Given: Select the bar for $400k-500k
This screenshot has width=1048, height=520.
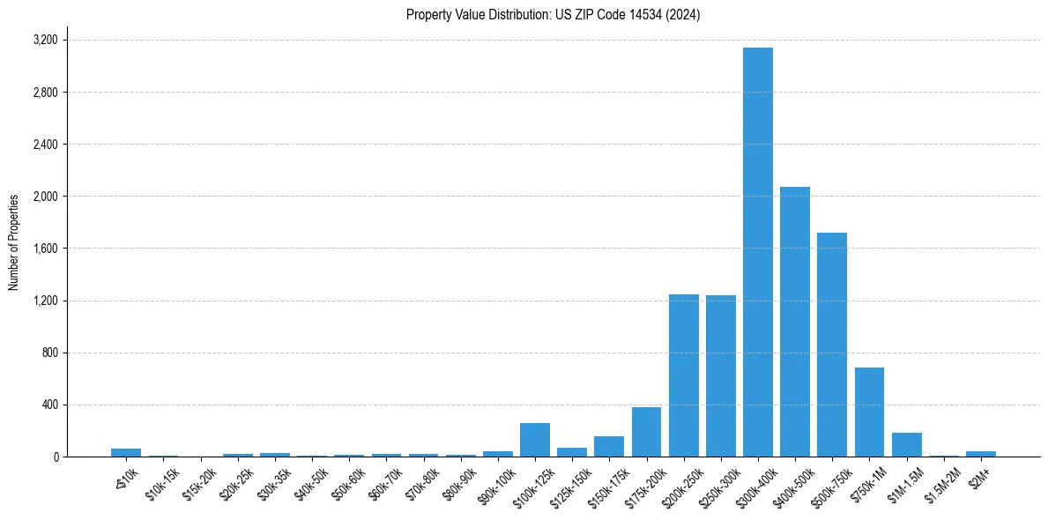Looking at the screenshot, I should tap(794, 322).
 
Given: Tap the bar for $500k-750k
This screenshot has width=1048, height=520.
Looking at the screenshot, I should tap(831, 345).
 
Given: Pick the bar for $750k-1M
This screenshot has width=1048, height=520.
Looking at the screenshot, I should tap(869, 412).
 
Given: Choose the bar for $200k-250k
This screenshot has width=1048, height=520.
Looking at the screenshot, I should tap(683, 375).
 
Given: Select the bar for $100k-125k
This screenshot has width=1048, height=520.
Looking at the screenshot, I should tap(534, 440).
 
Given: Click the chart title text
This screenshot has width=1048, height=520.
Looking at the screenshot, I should tap(553, 15).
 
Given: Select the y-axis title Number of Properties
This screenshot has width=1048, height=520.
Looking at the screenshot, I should tap(14, 242).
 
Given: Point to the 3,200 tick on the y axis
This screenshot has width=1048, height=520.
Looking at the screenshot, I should tap(45, 41).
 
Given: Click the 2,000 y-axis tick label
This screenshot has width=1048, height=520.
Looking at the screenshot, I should tap(45, 197).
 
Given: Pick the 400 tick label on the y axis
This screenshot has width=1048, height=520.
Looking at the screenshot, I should tap(49, 405).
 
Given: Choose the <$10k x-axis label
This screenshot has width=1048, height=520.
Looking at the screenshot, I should tap(126, 476).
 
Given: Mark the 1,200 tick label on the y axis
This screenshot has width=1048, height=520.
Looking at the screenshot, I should tap(45, 301).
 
